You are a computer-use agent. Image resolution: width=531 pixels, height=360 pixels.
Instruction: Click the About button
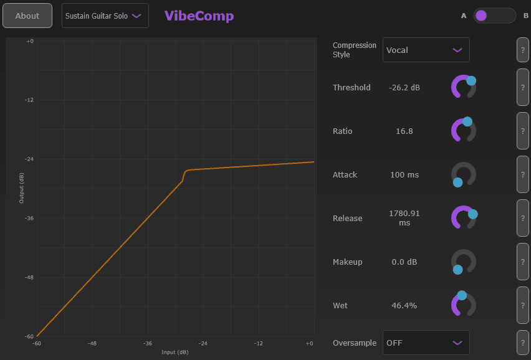point(27,16)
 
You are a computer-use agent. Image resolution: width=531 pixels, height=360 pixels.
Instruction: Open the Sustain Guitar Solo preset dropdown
point(105,16)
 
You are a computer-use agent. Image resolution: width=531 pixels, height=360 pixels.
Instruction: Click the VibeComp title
point(199,16)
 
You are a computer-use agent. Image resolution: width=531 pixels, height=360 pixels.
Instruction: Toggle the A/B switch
point(494,16)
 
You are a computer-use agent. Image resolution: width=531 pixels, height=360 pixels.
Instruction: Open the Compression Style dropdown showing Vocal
point(426,50)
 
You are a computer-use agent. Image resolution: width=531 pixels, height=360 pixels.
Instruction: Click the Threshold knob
point(463,87)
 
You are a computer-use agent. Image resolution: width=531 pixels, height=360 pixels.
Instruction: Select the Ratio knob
point(463,131)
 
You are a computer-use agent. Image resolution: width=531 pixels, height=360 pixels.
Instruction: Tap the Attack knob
point(463,174)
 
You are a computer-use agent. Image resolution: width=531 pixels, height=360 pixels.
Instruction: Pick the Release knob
point(463,218)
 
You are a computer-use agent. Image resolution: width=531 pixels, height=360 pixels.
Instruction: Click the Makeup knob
point(463,262)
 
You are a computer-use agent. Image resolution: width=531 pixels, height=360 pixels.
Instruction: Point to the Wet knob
point(463,305)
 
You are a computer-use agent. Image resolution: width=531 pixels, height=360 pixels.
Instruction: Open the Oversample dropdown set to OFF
point(426,343)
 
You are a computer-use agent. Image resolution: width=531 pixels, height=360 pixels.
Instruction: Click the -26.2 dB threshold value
point(404,88)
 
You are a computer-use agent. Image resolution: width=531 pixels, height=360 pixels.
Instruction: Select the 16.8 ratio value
point(404,131)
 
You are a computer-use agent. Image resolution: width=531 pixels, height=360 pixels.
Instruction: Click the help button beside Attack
point(522,174)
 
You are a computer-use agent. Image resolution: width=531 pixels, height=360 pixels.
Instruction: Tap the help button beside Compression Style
point(522,50)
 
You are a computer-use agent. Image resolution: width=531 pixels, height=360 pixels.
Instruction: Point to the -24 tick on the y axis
point(29,159)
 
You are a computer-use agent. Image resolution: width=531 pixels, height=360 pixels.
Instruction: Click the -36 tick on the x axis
point(148,343)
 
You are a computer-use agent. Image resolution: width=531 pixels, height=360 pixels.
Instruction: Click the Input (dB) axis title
point(175,353)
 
